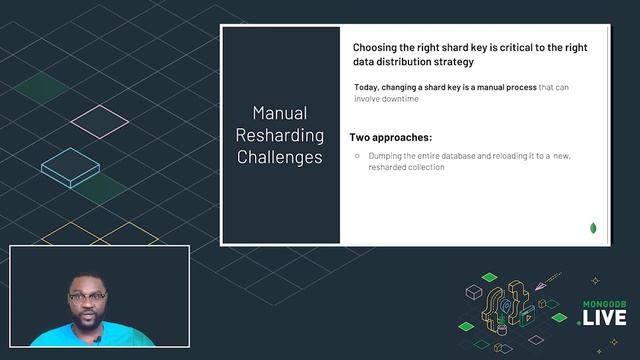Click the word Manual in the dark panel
(279, 113)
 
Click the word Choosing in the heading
(378, 47)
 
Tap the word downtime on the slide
(397, 100)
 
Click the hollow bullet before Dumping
(357, 156)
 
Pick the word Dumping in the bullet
(386, 156)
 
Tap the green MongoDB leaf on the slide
(594, 229)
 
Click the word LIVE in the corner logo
(604, 318)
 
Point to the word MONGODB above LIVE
(604, 303)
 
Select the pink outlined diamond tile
(100, 121)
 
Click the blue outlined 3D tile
(70, 167)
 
